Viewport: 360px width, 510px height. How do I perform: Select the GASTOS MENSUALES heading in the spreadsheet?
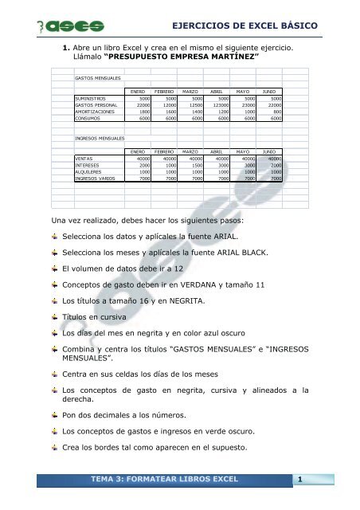point(93,80)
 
